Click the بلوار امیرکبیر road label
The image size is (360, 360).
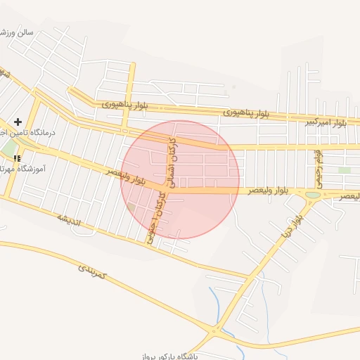(x=326, y=122)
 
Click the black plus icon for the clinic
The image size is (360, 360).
(x=18, y=122)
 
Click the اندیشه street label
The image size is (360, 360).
(x=70, y=219)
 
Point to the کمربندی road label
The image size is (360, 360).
(x=91, y=270)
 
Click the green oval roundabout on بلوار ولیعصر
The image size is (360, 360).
(x=313, y=194)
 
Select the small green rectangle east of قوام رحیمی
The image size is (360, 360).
(x=344, y=170)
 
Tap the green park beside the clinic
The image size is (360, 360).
(x=10, y=149)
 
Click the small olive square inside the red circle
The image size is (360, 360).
(x=131, y=207)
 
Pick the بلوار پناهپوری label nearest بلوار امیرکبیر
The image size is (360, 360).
(x=246, y=112)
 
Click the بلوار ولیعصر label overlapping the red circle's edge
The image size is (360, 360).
(x=127, y=176)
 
